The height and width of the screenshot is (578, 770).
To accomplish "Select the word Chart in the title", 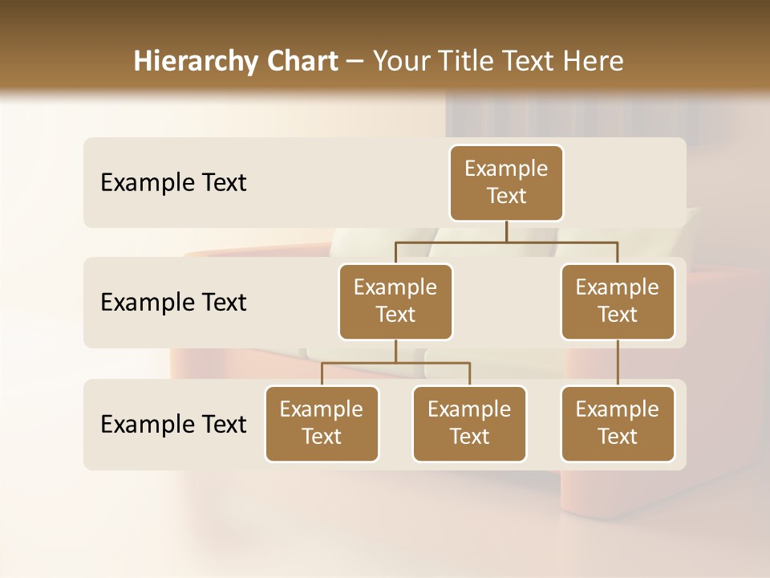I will [301, 61].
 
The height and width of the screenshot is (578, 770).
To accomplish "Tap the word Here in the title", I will [594, 61].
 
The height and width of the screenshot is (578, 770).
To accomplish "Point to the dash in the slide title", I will [355, 62].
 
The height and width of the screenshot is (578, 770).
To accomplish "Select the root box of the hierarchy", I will [506, 183].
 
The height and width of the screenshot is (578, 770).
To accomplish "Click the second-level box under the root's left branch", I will [395, 302].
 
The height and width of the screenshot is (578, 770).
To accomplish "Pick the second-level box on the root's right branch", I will [618, 302].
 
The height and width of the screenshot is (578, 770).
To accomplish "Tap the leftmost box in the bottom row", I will [322, 424].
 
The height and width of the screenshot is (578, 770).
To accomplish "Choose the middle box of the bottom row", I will [469, 424].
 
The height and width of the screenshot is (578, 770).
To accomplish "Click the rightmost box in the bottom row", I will [618, 424].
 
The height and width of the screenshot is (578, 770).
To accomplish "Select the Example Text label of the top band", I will [173, 183].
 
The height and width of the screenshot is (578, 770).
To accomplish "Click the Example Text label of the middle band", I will [173, 303].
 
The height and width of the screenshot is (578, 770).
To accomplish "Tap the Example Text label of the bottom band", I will [173, 424].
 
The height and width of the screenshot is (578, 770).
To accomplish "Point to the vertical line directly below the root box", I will [506, 231].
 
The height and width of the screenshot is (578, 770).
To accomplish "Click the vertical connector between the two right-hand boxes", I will [618, 363].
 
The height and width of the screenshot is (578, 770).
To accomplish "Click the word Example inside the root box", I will [506, 169].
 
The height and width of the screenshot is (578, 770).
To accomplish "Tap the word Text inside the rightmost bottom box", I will [618, 437].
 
